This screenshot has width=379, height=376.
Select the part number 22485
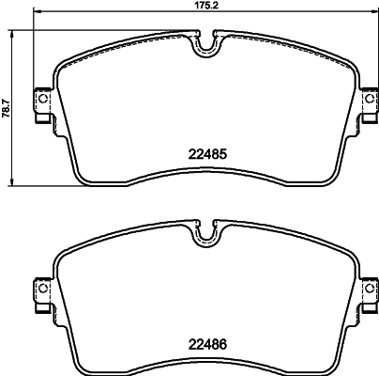(x=205, y=150)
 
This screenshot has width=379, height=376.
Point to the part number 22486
(x=205, y=344)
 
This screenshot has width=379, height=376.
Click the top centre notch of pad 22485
(x=206, y=44)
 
